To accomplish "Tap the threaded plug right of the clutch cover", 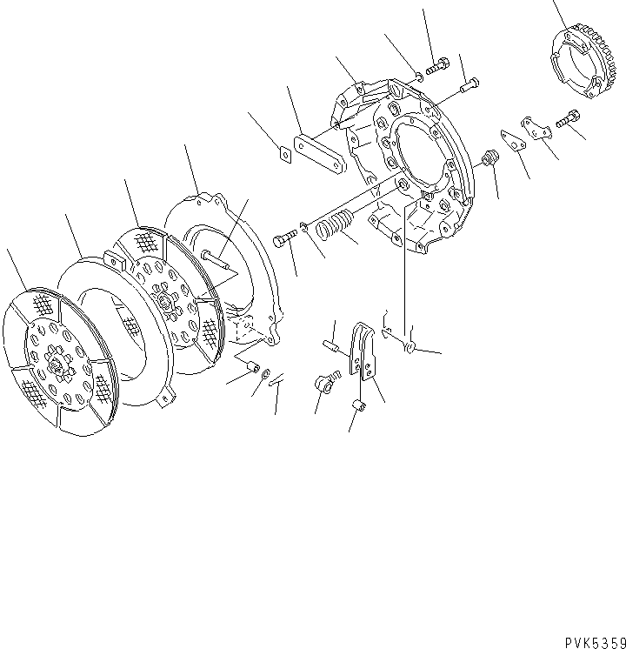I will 489,161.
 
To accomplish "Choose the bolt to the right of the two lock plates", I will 569,117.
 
